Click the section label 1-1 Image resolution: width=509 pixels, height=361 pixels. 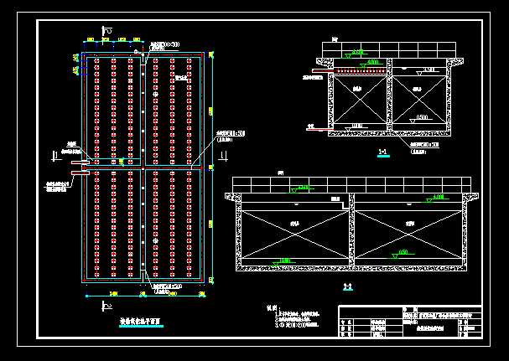pyautogui.click(x=382, y=152)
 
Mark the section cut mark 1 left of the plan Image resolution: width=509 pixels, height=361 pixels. pyautogui.click(x=55, y=153)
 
